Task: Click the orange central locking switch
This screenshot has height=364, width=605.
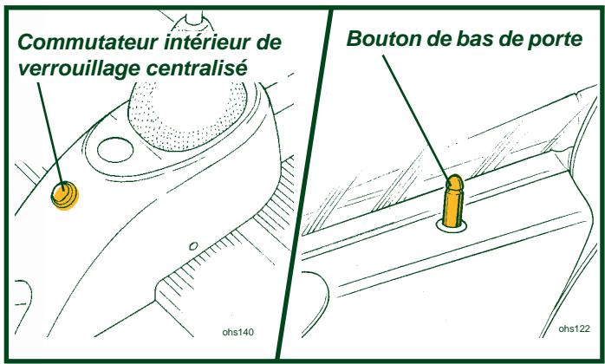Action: click(63, 195)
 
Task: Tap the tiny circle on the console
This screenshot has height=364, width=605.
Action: click(193, 244)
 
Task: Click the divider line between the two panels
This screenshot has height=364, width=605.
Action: click(303, 182)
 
